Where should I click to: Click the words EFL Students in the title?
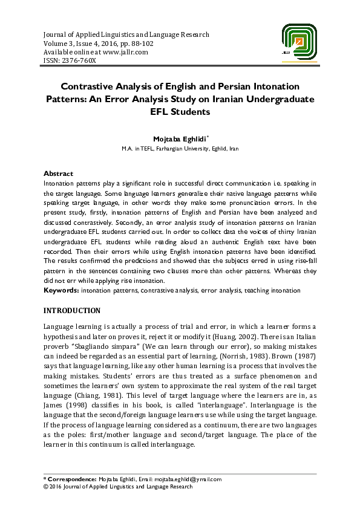pos(180,111)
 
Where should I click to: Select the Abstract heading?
pos(59,173)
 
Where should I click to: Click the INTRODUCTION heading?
pos(72,311)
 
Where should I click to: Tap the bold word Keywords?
pos(61,291)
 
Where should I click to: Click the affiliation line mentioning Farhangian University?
pos(180,148)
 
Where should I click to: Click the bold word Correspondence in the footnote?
pos(71,479)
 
